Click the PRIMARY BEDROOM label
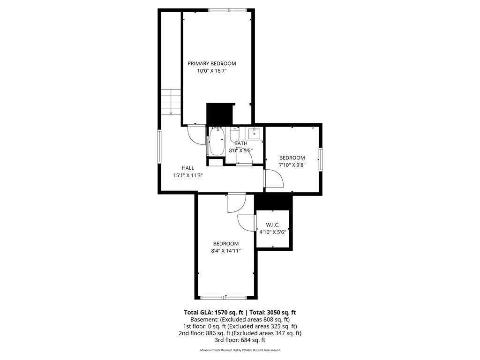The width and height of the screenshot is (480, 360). pyautogui.click(x=212, y=63)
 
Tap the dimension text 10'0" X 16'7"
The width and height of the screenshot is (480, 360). pyautogui.click(x=212, y=71)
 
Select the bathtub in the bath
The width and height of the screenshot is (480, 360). pyautogui.click(x=217, y=142)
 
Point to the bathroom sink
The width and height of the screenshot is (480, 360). pyautogui.click(x=254, y=133)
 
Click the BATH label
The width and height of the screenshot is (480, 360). pyautogui.click(x=241, y=143)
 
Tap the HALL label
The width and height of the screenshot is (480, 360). pyautogui.click(x=188, y=168)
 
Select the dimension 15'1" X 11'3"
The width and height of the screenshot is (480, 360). pyautogui.click(x=188, y=175)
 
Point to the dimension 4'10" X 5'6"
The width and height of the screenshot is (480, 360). pyautogui.click(x=272, y=232)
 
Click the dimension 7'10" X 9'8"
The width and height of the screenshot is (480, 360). pyautogui.click(x=292, y=165)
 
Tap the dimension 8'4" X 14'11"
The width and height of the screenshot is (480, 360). pyautogui.click(x=226, y=251)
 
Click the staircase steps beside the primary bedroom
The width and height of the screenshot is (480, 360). pyautogui.click(x=171, y=101)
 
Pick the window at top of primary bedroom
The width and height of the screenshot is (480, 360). pyautogui.click(x=226, y=10)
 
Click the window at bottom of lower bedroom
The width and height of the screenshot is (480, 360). pyautogui.click(x=224, y=297)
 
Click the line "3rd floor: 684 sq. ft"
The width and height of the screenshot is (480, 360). pyautogui.click(x=240, y=340)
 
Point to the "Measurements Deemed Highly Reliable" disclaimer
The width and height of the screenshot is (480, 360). pyautogui.click(x=240, y=350)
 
